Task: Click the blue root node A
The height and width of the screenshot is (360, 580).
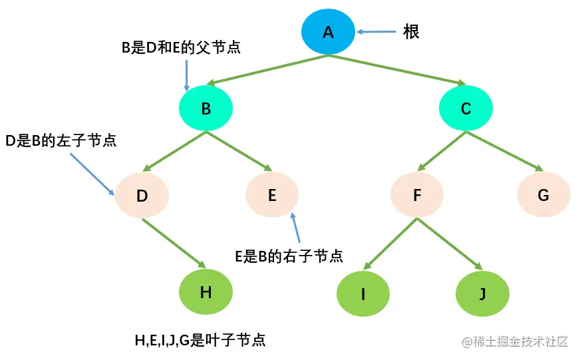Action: [x=328, y=31]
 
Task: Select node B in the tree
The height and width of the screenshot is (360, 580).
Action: [x=206, y=108]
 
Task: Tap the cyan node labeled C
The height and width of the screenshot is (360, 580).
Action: [x=466, y=108]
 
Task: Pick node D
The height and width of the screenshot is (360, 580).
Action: [x=142, y=196]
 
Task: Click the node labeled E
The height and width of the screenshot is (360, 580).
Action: [x=271, y=195]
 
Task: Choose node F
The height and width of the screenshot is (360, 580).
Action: [x=417, y=195]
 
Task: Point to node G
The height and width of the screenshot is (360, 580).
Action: [x=543, y=195]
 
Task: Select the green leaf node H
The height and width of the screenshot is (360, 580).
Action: [x=206, y=291]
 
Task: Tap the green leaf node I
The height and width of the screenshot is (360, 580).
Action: [x=363, y=293]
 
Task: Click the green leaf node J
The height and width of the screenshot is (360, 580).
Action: [x=482, y=293]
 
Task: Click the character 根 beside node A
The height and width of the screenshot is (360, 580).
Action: [x=411, y=31]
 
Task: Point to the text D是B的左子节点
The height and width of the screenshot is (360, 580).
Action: [x=61, y=141]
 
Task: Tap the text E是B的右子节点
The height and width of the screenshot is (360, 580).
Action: [x=289, y=256]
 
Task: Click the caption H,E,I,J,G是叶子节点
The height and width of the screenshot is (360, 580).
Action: [x=200, y=340]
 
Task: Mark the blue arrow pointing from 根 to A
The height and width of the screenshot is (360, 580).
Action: [x=376, y=31]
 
